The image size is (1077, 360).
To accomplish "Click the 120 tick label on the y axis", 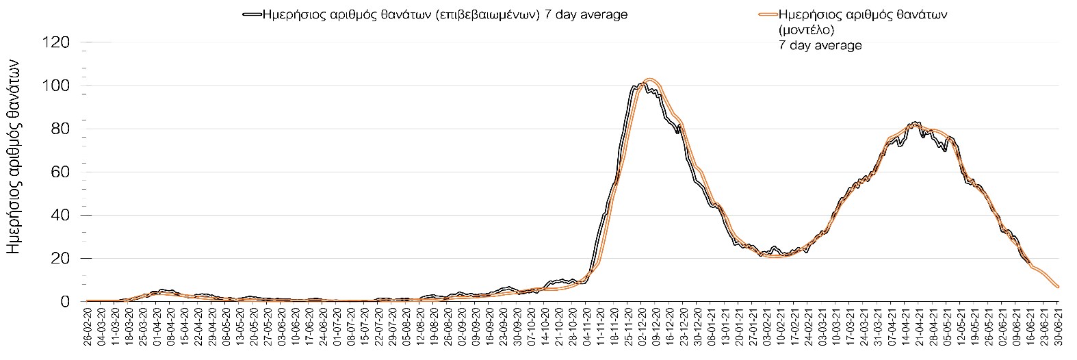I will (x=56, y=42).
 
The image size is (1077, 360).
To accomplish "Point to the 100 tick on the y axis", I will (x=56, y=86).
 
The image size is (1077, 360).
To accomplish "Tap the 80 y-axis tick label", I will (x=60, y=129).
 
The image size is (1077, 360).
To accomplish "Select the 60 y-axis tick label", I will (x=60, y=172).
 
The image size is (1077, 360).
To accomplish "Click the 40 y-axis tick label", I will (x=60, y=215).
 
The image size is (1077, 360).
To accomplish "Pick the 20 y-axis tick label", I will (x=60, y=258).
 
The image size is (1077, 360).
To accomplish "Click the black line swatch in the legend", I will (x=252, y=14).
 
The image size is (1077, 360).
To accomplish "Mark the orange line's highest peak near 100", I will (x=650, y=79).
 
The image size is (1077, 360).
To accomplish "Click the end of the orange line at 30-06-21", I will (x=1058, y=287).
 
